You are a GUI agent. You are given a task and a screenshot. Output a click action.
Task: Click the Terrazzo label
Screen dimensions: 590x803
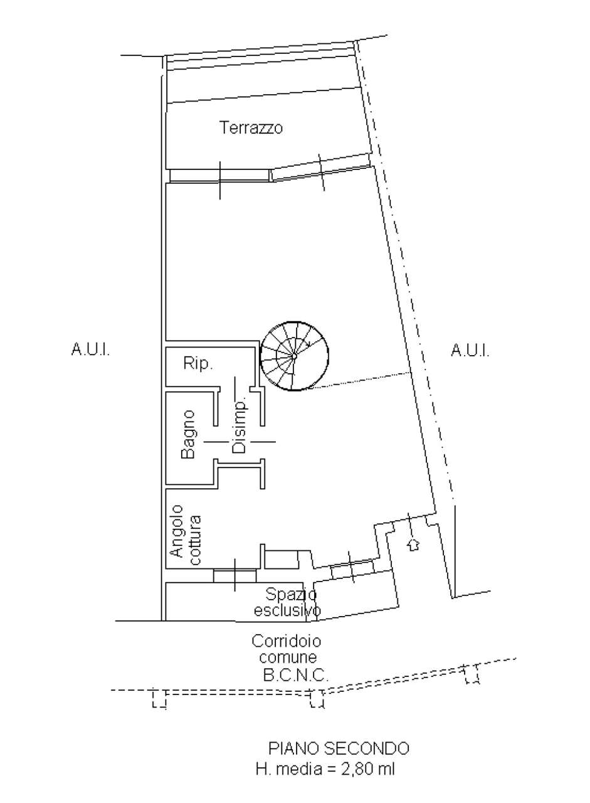tap(251, 127)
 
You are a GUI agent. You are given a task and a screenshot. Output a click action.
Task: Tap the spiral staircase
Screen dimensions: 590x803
tap(295, 356)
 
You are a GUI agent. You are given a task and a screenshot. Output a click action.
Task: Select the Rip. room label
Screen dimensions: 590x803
tap(198, 363)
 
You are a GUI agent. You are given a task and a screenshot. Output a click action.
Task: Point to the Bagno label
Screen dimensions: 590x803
tap(189, 435)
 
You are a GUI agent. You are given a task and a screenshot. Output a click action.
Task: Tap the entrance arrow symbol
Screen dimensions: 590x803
tap(413, 545)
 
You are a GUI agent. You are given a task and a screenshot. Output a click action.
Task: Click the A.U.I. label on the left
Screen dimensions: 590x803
tap(91, 349)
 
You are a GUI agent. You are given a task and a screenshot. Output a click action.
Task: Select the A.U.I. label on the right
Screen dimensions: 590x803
tap(470, 349)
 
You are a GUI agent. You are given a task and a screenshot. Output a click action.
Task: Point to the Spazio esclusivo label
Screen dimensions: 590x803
tap(287, 603)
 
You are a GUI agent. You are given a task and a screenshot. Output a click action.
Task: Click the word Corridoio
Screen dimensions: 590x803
tap(287, 641)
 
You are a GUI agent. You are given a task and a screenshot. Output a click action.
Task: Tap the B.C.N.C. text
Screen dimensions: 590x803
tap(296, 676)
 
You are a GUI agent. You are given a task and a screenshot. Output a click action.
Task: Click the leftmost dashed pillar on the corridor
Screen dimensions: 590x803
tap(159, 698)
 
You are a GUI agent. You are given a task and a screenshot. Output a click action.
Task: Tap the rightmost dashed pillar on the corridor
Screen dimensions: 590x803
tap(472, 674)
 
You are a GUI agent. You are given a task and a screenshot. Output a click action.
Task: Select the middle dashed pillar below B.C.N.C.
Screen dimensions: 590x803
tap(317, 698)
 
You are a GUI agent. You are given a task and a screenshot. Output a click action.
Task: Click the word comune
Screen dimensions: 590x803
tap(288, 658)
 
